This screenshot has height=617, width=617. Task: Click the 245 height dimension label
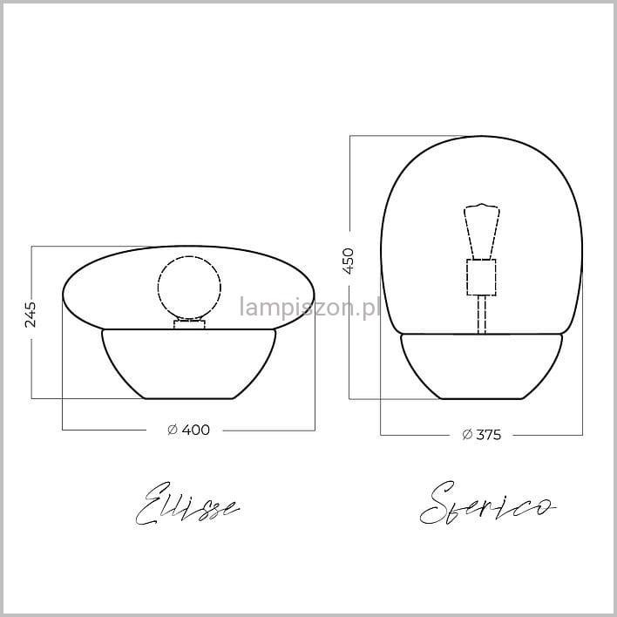[31, 315]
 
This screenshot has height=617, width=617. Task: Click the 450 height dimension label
[349, 261]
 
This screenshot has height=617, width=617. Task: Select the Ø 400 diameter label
[188, 430]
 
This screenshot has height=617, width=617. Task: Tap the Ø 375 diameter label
[482, 435]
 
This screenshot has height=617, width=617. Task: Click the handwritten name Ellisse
[187, 504]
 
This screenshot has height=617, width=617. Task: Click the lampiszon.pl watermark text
[309, 308]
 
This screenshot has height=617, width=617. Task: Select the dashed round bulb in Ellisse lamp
[189, 288]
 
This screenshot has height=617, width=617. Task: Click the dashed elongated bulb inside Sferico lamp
[482, 232]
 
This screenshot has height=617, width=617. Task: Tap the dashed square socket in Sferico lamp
[481, 277]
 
